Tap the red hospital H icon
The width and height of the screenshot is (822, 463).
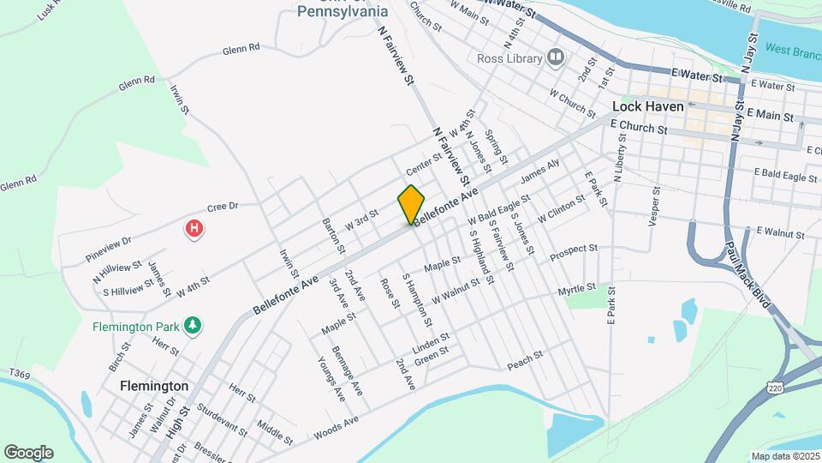point(194,229)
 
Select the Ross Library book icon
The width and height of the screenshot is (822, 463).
point(556,57)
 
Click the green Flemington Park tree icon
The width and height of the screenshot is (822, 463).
point(195,325)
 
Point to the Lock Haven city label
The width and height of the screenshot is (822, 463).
point(648,106)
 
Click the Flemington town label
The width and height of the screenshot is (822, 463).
point(154,386)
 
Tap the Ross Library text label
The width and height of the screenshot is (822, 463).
point(510,58)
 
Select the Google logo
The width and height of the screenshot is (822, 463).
point(28,452)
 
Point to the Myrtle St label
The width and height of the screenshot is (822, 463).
point(576,290)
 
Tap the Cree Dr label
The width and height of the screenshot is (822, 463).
point(222,207)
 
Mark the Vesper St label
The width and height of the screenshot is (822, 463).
point(656,207)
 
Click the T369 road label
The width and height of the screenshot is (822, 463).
point(19,373)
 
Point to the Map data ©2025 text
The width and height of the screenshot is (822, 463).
point(785,456)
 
